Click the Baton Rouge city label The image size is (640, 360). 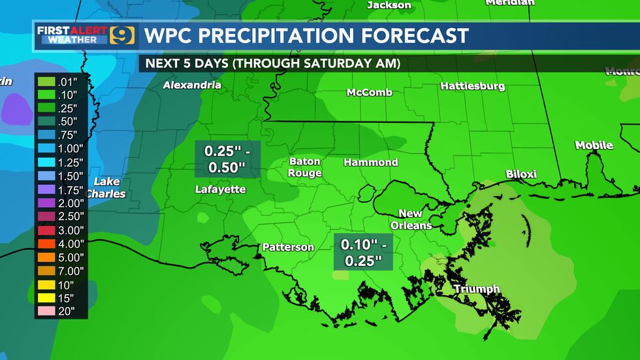click(305, 167)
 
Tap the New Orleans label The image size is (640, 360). click(411, 220)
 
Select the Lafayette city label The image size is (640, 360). click(220, 189)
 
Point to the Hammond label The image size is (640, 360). click(370, 162)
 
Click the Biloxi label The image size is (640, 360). click(521, 174)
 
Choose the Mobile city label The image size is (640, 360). click(594, 145)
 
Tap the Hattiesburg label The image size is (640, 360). click(472, 86)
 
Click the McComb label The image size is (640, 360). click(369, 93)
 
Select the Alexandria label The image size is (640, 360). click(192, 85)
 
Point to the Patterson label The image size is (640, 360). click(288, 247)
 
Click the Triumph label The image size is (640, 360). click(476, 289)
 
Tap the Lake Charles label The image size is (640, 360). click(106, 188)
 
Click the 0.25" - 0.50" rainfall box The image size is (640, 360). click(227, 159)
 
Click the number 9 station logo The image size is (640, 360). click(122, 35)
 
